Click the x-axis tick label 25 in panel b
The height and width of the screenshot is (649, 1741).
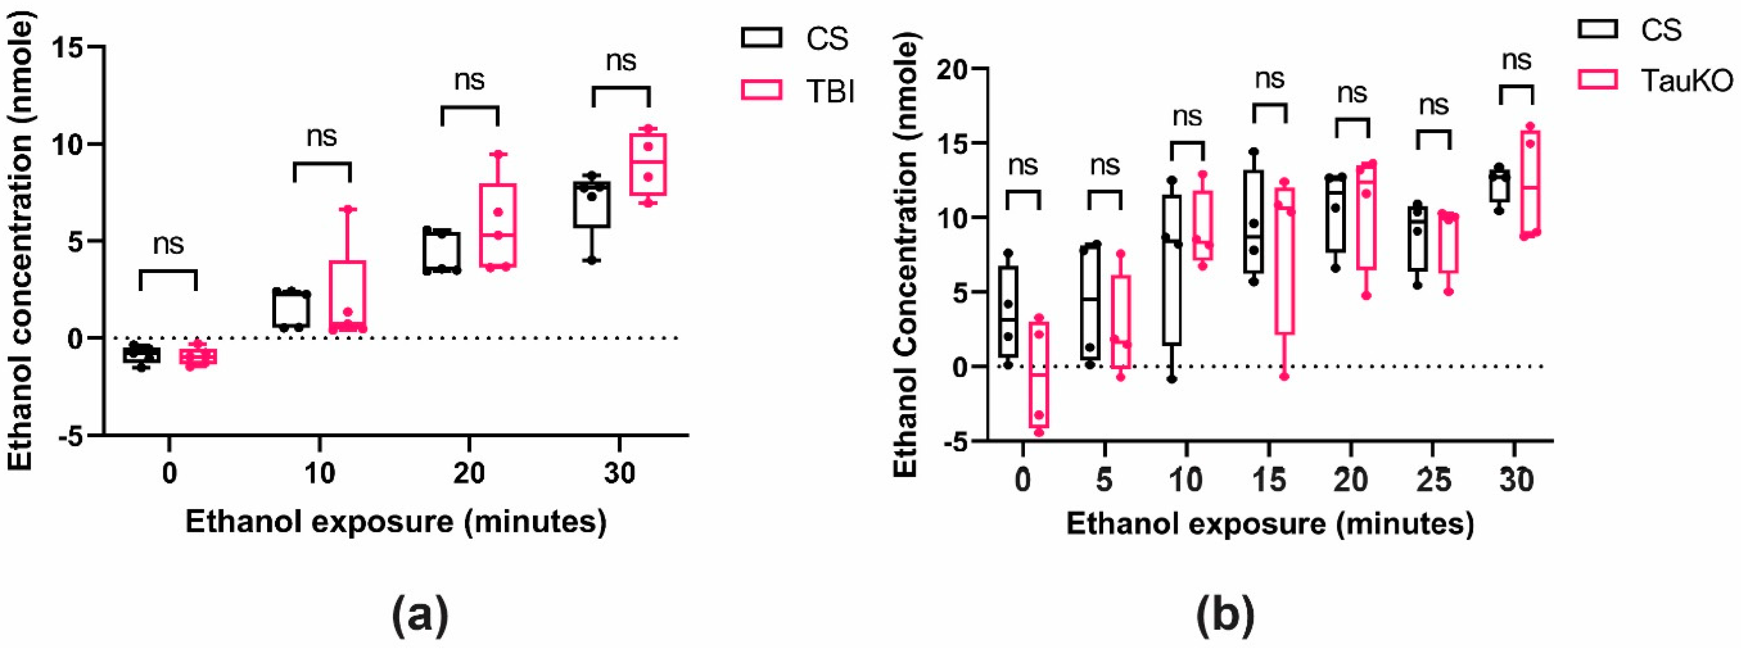point(1433,481)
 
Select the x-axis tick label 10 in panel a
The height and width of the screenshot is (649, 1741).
point(319,474)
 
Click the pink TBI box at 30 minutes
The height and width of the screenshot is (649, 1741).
point(648,164)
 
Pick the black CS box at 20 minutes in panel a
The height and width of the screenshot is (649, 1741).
point(442,251)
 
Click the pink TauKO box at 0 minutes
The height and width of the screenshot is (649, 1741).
point(1039,375)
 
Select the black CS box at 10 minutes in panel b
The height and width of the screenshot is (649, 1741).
point(1172,270)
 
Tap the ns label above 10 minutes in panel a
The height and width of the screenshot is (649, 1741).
point(321,136)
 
